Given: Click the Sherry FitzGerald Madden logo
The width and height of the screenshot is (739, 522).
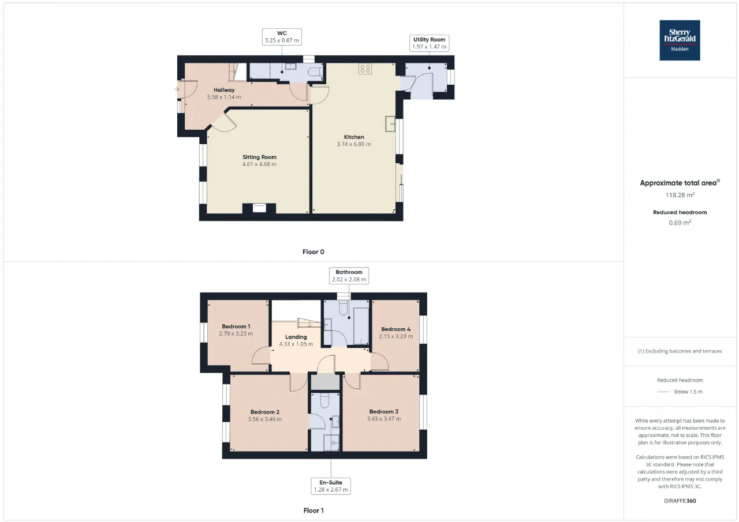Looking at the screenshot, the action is (x=680, y=40).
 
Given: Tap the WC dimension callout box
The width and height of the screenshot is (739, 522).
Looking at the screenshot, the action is (x=282, y=37).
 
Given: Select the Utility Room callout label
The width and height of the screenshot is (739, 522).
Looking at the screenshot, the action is (x=429, y=43).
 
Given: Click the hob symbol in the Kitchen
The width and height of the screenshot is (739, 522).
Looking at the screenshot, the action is (x=365, y=69).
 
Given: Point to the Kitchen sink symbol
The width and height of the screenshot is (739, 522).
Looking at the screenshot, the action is (x=390, y=124).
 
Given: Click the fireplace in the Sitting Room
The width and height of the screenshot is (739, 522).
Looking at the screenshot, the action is (x=259, y=208).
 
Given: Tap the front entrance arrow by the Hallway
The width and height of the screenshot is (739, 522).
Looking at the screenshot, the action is (x=177, y=89).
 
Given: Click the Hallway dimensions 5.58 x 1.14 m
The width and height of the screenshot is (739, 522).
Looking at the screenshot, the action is (x=224, y=97).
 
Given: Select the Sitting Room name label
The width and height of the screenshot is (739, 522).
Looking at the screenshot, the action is (x=259, y=157).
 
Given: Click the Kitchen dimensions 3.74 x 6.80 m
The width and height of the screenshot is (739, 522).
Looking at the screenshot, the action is (x=354, y=144).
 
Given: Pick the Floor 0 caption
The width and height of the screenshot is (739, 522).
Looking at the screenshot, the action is (x=313, y=252).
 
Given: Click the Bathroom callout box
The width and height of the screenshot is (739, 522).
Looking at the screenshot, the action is (x=349, y=276).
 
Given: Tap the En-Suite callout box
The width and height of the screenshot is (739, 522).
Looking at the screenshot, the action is (x=331, y=486).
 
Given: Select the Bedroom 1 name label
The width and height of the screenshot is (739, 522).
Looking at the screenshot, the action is (x=236, y=326).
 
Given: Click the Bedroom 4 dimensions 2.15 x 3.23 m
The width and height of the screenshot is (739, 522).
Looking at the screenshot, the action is (x=395, y=336).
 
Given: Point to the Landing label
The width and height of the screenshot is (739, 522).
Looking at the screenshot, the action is (x=296, y=337).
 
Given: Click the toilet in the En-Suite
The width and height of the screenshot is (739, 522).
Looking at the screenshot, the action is (x=324, y=399).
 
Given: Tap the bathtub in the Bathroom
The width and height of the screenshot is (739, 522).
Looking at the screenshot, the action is (x=361, y=326).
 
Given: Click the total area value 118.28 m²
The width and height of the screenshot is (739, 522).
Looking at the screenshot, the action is (x=680, y=195).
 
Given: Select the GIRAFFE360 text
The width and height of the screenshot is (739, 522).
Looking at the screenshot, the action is (x=680, y=501).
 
